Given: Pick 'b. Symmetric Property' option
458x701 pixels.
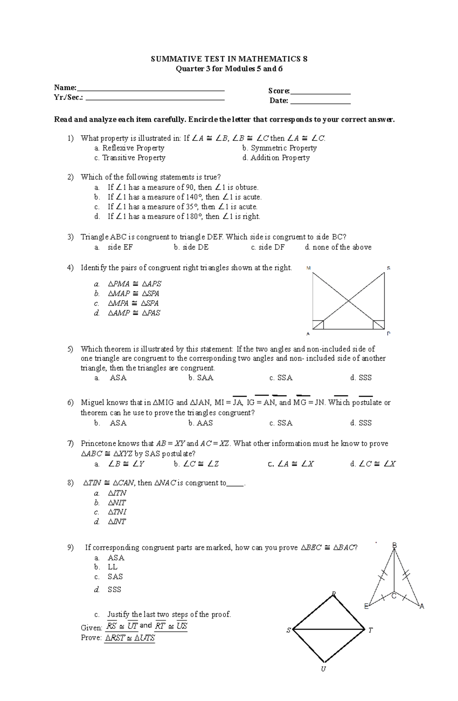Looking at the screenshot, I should [x=279, y=148].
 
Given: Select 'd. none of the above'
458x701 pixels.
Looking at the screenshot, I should [x=338, y=247].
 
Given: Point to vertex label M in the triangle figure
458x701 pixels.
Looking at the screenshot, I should [x=308, y=268].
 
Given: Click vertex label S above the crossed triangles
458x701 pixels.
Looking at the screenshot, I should [x=389, y=268].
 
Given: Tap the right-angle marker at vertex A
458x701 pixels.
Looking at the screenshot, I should [x=318, y=325].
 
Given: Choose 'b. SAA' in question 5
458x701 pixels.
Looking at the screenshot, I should [x=201, y=378].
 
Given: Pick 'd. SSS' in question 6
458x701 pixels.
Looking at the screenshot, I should [x=361, y=423].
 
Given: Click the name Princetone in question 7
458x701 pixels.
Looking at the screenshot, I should [x=98, y=444].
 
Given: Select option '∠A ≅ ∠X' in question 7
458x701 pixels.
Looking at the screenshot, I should [x=291, y=464].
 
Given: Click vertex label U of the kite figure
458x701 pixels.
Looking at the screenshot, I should [x=323, y=669].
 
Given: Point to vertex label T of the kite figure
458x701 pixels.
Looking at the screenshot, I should [x=371, y=630].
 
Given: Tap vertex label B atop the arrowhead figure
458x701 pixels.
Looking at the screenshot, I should [x=395, y=545].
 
